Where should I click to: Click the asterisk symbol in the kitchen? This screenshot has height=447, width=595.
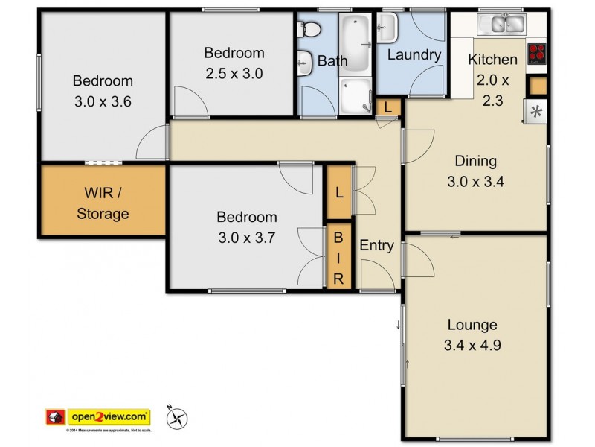(x=535, y=112)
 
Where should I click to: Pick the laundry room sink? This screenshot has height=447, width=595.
(x=387, y=29)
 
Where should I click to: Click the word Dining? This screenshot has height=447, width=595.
(x=476, y=161)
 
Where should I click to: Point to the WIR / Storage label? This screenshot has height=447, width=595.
(x=103, y=203)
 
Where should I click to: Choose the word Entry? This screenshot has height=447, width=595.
(x=376, y=245)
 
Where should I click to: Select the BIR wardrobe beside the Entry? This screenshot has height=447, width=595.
(x=338, y=257)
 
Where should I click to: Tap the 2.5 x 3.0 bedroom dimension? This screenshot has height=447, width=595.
(x=234, y=73)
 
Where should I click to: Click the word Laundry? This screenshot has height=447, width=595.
(x=414, y=55)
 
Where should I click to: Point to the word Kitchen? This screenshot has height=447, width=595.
(x=492, y=60)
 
